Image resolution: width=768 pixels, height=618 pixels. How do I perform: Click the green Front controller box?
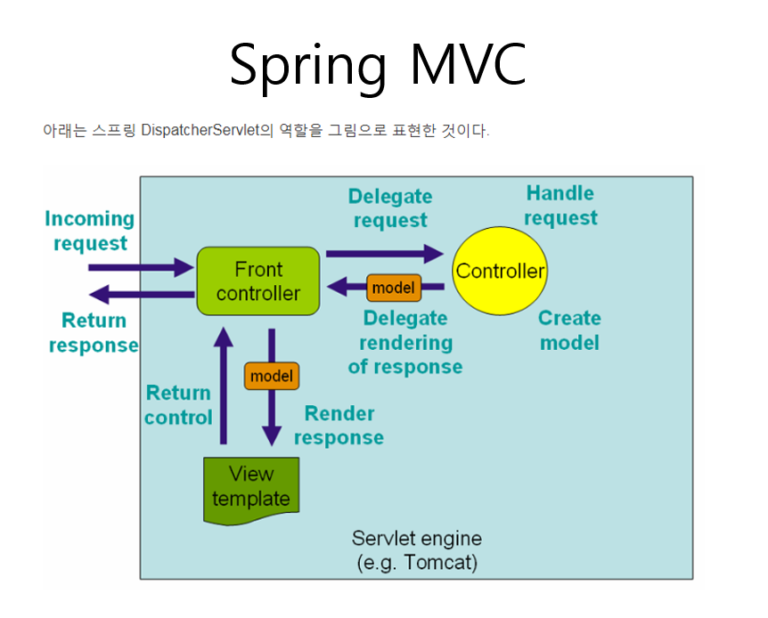tap(257, 281)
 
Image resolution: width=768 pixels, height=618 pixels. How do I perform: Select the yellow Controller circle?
tap(499, 271)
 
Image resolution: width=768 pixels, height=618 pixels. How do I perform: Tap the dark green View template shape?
tap(251, 488)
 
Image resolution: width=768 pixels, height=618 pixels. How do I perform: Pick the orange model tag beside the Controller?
tap(393, 288)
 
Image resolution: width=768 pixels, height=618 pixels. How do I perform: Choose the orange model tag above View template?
tap(271, 376)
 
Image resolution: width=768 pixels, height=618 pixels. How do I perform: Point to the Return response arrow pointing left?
tap(143, 294)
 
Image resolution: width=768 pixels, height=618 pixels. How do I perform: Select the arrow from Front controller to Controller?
tap(384, 255)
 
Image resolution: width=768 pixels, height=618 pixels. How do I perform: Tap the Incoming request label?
tap(89, 231)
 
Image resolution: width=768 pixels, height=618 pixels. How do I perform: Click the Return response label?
tap(94, 333)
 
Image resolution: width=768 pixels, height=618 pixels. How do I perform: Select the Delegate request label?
tap(390, 208)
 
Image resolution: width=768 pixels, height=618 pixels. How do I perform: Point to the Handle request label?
tap(560, 206)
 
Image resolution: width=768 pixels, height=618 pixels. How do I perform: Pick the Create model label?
tap(569, 330)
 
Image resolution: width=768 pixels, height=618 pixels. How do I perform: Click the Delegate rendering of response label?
tap(405, 342)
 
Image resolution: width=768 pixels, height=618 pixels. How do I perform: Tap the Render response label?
tap(339, 426)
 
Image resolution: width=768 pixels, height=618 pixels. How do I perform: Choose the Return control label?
tap(178, 405)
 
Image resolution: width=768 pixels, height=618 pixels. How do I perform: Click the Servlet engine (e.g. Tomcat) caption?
tap(416, 550)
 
